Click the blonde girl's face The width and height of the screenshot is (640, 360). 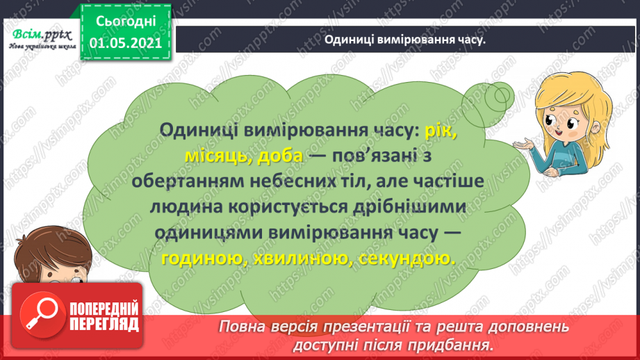[560, 122]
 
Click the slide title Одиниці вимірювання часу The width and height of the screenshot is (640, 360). [404, 40]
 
